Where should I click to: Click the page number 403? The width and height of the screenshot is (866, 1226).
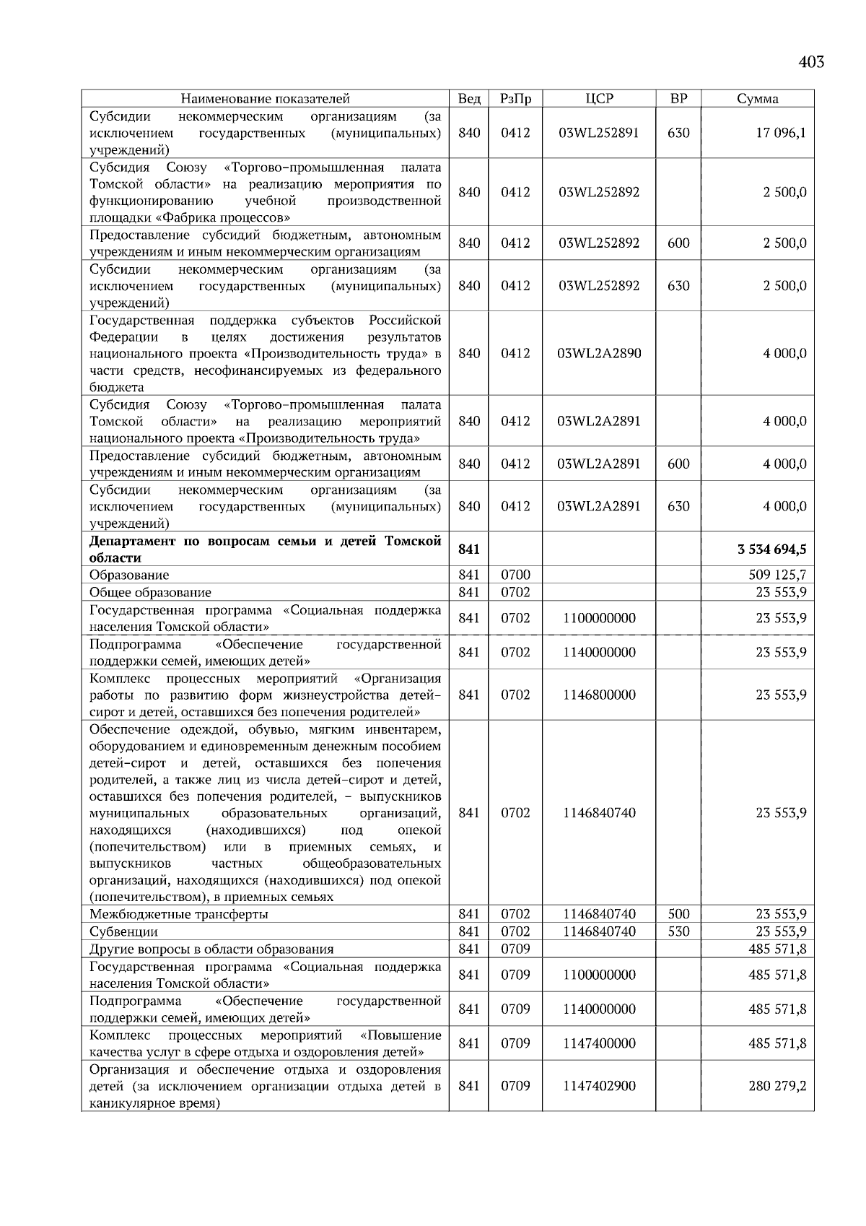click(811, 62)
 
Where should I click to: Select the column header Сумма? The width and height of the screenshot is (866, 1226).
click(757, 99)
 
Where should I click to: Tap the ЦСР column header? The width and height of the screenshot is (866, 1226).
click(599, 99)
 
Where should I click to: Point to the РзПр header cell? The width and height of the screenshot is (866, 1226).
click(515, 99)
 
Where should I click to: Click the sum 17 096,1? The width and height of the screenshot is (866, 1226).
click(781, 133)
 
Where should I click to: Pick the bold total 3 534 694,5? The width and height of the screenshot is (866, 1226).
click(772, 549)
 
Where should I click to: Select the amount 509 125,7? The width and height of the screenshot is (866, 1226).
click(778, 575)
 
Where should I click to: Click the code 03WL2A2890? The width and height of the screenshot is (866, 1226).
click(599, 354)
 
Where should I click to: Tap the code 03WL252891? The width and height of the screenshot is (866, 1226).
click(599, 133)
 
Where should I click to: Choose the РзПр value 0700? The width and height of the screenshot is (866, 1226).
click(515, 575)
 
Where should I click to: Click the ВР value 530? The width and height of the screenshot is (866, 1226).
click(678, 932)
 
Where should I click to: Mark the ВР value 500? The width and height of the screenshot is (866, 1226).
click(678, 915)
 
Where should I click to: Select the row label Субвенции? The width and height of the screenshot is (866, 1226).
click(123, 932)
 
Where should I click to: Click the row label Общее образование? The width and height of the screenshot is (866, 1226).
click(150, 593)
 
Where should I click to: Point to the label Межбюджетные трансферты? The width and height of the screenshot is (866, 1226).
click(179, 915)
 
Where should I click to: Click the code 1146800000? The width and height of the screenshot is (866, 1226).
click(599, 695)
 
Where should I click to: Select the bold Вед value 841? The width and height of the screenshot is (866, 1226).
click(469, 549)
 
